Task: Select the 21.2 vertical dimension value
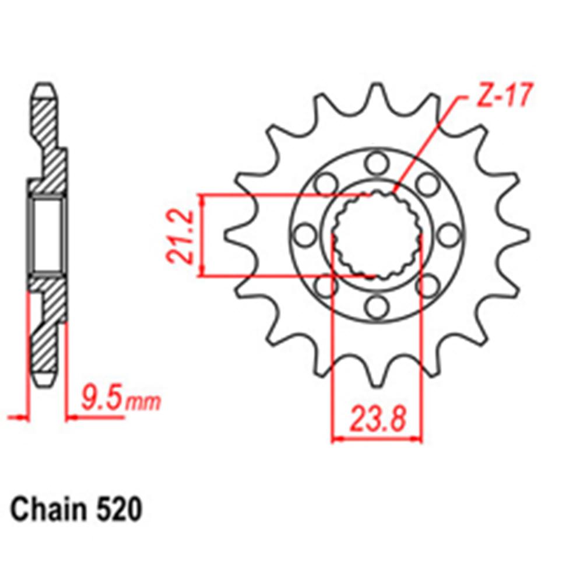click(180, 236)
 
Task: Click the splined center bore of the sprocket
click(377, 236)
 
